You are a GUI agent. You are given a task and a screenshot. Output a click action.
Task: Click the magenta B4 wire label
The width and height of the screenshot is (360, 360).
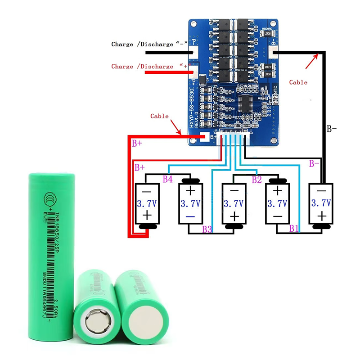coord(167,180)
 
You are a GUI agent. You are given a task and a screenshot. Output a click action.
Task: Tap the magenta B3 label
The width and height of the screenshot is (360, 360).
coord(207,229)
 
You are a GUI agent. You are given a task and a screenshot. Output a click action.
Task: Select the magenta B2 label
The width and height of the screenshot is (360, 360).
coord(256,180)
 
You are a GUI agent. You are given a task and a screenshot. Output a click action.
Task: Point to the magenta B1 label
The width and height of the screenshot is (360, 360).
coord(294,228)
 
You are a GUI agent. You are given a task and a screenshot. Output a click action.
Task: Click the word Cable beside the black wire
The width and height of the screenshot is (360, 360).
coord(298,82)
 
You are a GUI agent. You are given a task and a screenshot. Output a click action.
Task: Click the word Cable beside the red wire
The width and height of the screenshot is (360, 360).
coord(159,116)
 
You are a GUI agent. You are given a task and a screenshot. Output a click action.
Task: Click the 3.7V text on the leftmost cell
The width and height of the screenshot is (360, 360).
coord(146,203)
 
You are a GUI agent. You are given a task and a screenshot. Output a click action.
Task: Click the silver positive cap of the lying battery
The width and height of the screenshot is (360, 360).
coord(96,321)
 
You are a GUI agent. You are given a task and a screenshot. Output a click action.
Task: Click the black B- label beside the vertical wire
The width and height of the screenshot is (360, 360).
coord(332,129)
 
